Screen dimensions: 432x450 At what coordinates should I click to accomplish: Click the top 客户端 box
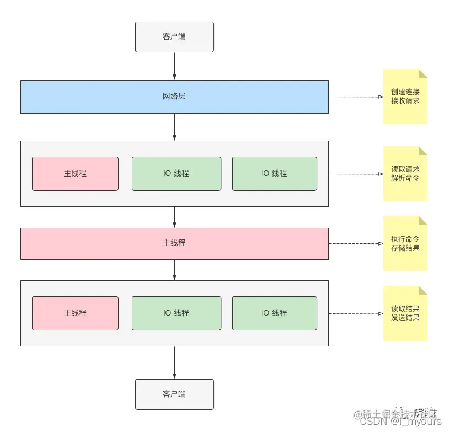174,37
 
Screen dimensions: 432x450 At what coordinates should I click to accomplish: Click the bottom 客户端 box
174,394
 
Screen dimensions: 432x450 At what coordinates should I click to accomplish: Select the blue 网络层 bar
174,97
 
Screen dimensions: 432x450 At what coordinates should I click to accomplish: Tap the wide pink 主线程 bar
174,243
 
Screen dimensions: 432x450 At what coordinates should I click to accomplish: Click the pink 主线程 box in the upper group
75,173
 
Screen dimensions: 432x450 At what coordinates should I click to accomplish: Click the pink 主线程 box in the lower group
75,313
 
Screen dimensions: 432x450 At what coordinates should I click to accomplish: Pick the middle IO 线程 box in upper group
176,173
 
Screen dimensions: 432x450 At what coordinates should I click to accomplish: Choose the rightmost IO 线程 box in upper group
274,173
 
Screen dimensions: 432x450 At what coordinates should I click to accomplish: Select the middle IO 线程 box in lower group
176,313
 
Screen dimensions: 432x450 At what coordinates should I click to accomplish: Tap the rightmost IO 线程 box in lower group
274,313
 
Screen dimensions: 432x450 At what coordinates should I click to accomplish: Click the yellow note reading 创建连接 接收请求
405,97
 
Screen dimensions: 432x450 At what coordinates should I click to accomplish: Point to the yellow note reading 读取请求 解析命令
405,174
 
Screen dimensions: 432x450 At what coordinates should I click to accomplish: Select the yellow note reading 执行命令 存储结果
405,243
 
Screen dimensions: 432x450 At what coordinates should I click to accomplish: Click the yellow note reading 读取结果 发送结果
405,313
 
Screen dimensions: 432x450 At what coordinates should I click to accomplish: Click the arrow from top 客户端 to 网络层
174,66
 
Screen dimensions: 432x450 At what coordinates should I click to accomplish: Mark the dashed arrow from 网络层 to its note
356,97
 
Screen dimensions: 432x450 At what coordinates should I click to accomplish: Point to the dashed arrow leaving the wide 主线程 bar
356,243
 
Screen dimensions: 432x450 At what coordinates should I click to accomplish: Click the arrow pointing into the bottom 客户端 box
174,362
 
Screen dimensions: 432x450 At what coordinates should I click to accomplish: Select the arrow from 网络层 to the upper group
174,127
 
